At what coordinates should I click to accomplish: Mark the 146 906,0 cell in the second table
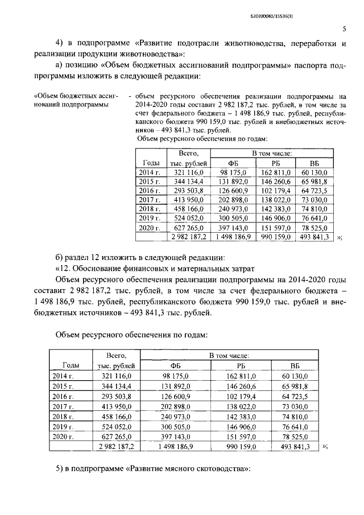point(237,426)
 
